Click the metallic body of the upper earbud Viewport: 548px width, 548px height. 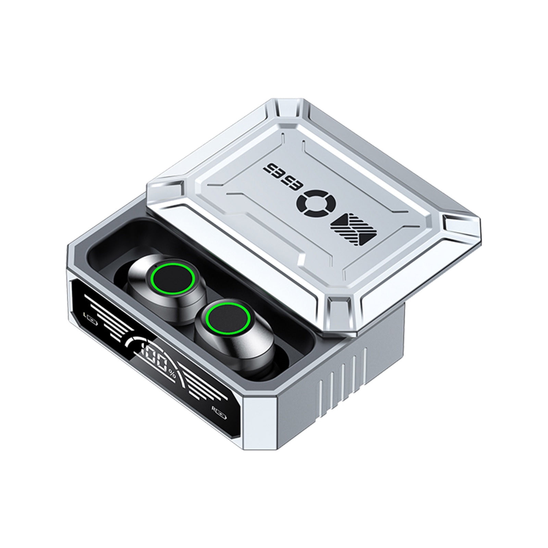coord(144,291)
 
